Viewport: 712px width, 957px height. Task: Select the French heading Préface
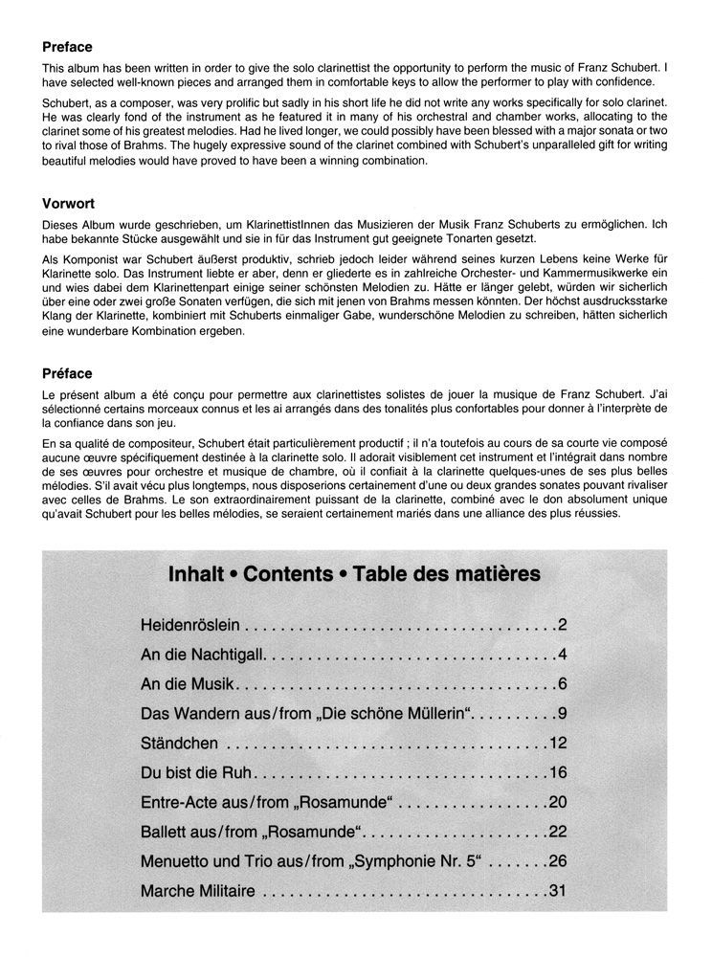(68, 374)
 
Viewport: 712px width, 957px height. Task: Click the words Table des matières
(446, 575)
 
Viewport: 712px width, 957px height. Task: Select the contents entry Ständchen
(180, 743)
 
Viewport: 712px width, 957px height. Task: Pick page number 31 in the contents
(559, 891)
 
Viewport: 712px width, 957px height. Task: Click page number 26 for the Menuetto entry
(559, 861)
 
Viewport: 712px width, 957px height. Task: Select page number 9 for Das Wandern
(564, 714)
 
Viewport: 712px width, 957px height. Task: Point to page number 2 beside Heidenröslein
(564, 627)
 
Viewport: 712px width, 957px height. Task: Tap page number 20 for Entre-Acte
(559, 802)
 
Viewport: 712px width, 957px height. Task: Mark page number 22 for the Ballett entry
(559, 832)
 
